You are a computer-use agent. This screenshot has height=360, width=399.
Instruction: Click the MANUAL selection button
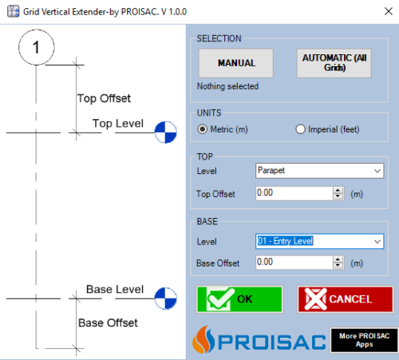[235, 63]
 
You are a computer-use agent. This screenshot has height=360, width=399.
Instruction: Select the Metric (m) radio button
[203, 129]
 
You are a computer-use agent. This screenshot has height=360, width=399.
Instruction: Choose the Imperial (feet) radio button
[300, 129]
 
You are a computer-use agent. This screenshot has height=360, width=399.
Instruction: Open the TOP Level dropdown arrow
[377, 171]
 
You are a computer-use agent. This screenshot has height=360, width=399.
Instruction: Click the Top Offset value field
[294, 193]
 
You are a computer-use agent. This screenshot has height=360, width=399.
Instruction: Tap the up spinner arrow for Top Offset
[338, 190]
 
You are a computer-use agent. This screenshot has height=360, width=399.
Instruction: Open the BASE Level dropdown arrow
[377, 241]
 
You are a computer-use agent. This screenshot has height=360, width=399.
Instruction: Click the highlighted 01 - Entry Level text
[285, 241]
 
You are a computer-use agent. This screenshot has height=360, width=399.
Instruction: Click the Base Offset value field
[294, 263]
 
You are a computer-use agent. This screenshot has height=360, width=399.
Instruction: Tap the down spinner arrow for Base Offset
[338, 266]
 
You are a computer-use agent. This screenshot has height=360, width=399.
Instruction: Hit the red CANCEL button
[346, 299]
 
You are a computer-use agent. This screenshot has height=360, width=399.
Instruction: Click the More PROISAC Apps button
[364, 340]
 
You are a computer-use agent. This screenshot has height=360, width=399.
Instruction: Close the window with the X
[389, 11]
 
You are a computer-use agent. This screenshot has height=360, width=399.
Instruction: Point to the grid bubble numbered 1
[37, 47]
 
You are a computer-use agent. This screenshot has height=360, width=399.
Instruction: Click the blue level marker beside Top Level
[166, 133]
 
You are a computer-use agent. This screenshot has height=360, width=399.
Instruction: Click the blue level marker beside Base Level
[166, 299]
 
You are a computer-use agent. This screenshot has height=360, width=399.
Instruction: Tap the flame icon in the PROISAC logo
[203, 339]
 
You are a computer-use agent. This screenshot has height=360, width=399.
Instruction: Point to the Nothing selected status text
[227, 86]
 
